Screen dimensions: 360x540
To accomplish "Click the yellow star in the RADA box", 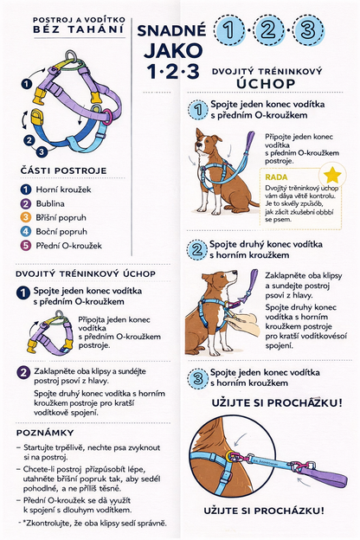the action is (332, 176).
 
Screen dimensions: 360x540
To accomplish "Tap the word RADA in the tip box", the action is (276, 177).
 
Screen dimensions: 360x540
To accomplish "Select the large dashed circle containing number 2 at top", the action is (268, 30).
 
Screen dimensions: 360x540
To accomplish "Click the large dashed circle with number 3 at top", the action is (309, 30).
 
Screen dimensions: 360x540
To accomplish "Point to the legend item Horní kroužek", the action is (64, 190).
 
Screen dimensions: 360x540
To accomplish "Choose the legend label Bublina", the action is (50, 203).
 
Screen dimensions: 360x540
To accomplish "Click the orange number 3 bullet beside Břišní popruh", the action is (26, 218).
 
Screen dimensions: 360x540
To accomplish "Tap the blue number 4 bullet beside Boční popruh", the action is (26, 232).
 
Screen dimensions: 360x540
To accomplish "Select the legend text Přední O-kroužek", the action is (69, 246).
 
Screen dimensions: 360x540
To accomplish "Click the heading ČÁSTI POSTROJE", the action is (64, 170).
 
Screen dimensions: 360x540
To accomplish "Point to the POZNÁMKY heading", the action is (45, 433).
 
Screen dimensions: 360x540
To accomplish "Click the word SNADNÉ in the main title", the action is (171, 31).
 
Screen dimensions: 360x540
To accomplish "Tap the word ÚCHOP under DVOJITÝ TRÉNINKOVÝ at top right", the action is (266, 83).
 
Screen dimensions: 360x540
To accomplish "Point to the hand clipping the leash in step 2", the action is (245, 324).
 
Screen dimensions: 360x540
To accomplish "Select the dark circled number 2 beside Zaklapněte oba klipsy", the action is (23, 373).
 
